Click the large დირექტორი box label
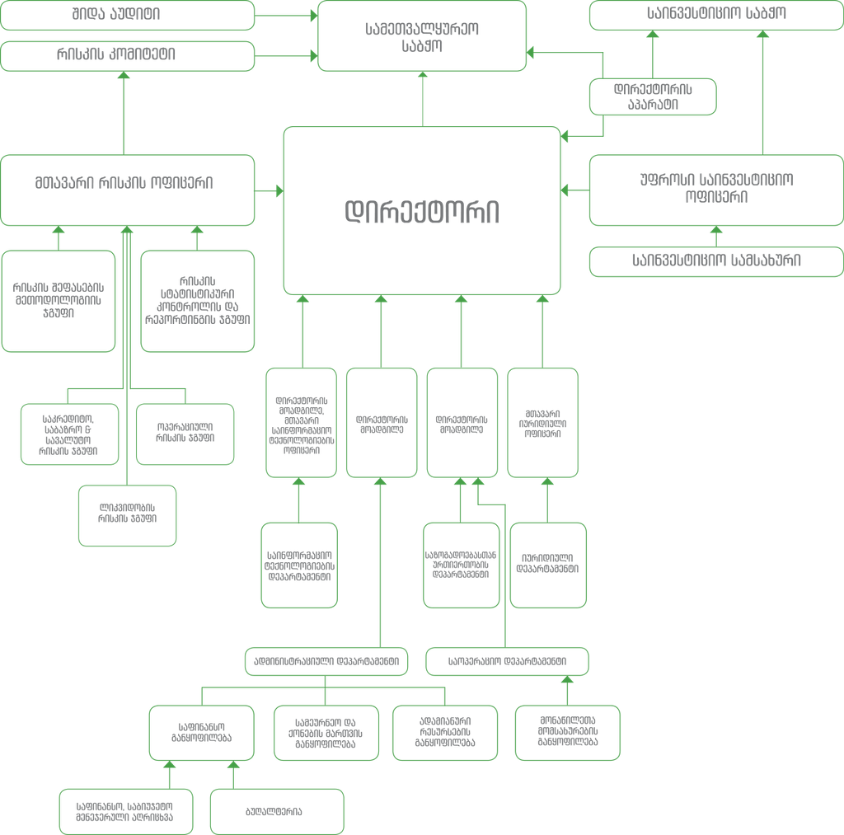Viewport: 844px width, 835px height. pos(422,211)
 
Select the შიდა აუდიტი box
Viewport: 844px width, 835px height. pos(127,14)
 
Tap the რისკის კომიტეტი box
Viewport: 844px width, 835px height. pos(127,56)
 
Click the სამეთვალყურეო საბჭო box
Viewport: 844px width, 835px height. pos(422,35)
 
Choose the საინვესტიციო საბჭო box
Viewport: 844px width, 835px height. pos(715,14)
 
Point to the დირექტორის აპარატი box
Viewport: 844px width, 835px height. pos(653,96)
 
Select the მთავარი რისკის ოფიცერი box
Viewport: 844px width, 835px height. pos(127,189)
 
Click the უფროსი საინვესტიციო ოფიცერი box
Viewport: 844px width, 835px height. pos(715,189)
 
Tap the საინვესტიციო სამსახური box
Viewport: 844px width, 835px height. pos(715,262)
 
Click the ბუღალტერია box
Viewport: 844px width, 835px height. pos(275,811)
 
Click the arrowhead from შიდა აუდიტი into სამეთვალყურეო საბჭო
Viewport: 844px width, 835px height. pos(313,14)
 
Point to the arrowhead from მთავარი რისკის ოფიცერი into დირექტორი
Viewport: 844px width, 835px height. pos(279,191)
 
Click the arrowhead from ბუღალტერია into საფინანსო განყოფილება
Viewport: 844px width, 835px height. pos(233,764)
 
